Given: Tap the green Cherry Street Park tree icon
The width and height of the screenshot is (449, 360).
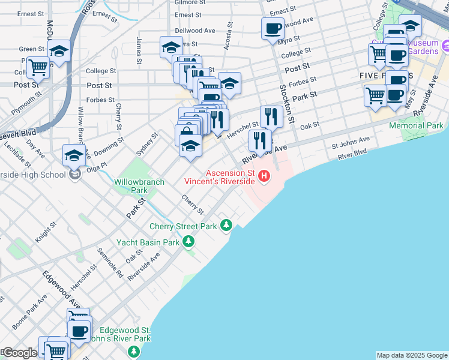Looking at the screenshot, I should [x=226, y=226].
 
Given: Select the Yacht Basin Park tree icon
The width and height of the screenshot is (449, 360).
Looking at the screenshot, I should [x=189, y=242].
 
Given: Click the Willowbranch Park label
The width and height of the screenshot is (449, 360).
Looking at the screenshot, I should [x=131, y=184].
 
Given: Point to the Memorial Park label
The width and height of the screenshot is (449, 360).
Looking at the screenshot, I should [x=416, y=126].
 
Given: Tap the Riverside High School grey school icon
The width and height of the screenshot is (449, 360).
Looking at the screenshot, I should [x=74, y=175].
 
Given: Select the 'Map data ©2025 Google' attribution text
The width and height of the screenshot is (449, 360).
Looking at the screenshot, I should [x=412, y=355].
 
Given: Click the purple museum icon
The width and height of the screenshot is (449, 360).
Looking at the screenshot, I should [x=445, y=45].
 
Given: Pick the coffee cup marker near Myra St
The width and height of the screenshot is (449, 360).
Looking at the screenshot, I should [x=273, y=28].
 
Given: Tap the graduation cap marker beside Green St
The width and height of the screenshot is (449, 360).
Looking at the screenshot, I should [x=59, y=52].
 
